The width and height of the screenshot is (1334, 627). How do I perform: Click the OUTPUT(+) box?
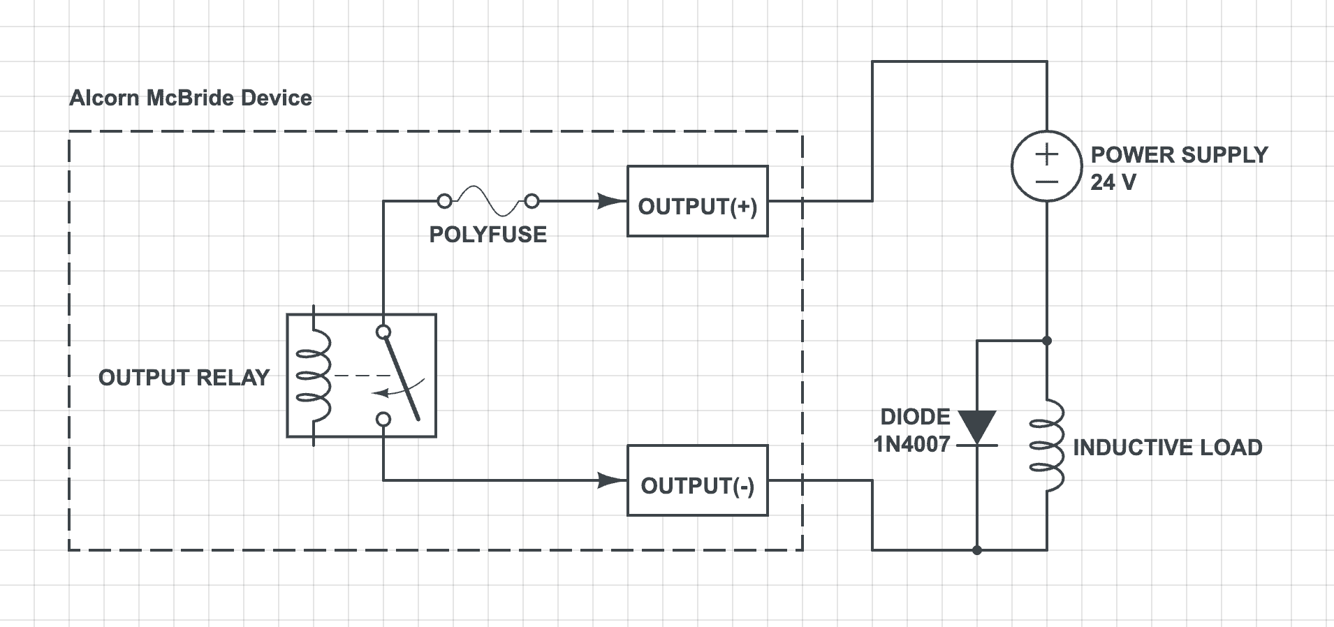tap(697, 201)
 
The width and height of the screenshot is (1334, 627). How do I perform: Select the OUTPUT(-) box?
tap(697, 480)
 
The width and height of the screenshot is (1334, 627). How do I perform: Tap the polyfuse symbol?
tap(488, 201)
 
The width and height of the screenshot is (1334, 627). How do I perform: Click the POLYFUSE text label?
tap(488, 235)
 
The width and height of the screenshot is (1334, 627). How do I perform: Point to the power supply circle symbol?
tap(1046, 166)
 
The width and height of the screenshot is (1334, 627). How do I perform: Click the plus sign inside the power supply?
tap(1046, 154)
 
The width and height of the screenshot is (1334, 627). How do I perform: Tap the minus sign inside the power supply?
tap(1046, 182)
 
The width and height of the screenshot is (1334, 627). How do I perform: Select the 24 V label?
tap(1113, 182)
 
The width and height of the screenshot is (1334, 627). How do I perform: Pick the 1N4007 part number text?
tap(911, 444)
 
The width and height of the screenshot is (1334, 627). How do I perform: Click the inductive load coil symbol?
tap(1048, 445)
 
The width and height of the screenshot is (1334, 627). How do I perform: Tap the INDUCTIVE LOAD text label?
tap(1167, 448)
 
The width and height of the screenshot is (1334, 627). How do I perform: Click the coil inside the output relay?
tap(314, 376)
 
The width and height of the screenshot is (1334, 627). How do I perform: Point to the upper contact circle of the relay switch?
tap(383, 332)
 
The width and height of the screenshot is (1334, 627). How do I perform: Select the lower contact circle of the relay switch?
tap(383, 419)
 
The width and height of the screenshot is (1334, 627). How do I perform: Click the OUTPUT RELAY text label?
tap(184, 378)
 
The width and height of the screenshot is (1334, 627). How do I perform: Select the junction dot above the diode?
tap(1046, 341)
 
